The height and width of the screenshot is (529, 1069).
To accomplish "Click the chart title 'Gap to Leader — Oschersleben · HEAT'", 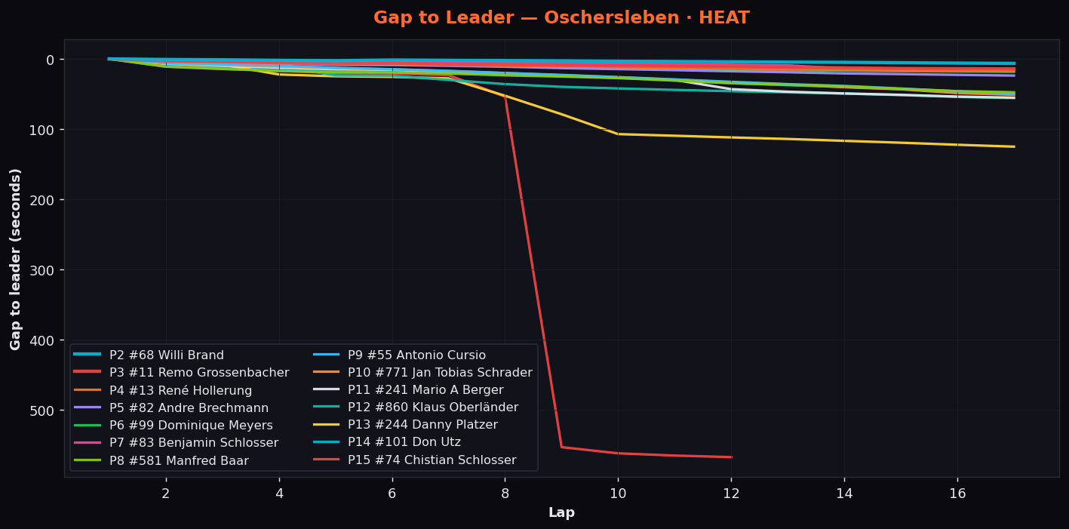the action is pyautogui.click(x=561, y=17).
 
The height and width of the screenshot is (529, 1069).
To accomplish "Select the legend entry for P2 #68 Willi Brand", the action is pyautogui.click(x=149, y=355).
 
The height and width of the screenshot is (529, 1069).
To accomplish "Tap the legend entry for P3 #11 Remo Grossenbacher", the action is pyautogui.click(x=181, y=372).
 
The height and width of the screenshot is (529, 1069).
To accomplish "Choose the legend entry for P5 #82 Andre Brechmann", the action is pyautogui.click(x=171, y=408).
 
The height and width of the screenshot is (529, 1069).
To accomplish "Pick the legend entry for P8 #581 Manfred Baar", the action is pyautogui.click(x=161, y=460).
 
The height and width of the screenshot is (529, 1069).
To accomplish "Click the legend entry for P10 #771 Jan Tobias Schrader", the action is pyautogui.click(x=422, y=372).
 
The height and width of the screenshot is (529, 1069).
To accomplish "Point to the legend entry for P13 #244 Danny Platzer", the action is pyautogui.click(x=405, y=424).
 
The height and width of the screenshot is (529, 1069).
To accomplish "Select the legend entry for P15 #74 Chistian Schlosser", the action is pyautogui.click(x=415, y=460).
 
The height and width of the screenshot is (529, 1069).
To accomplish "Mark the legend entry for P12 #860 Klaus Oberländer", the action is pyautogui.click(x=416, y=408).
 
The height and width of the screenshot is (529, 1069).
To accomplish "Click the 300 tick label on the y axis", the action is pyautogui.click(x=41, y=270).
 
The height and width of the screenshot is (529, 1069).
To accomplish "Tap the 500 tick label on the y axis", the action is pyautogui.click(x=41, y=411).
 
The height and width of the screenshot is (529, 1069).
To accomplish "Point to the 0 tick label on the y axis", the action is pyautogui.click(x=50, y=60).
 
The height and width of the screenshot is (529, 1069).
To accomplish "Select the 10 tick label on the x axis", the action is pyautogui.click(x=618, y=494).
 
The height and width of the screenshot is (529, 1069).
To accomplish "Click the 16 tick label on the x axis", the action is pyautogui.click(x=957, y=494).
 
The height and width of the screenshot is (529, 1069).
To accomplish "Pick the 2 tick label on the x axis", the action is pyautogui.click(x=166, y=494).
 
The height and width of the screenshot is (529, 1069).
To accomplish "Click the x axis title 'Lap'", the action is pyautogui.click(x=562, y=512).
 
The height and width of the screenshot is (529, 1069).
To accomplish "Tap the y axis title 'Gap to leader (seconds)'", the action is pyautogui.click(x=15, y=260).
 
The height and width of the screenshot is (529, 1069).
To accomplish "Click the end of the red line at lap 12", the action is pyautogui.click(x=731, y=457).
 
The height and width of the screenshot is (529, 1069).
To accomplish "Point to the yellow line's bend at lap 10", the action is pyautogui.click(x=618, y=134).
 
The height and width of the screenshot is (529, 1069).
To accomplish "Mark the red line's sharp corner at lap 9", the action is pyautogui.click(x=562, y=447).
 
